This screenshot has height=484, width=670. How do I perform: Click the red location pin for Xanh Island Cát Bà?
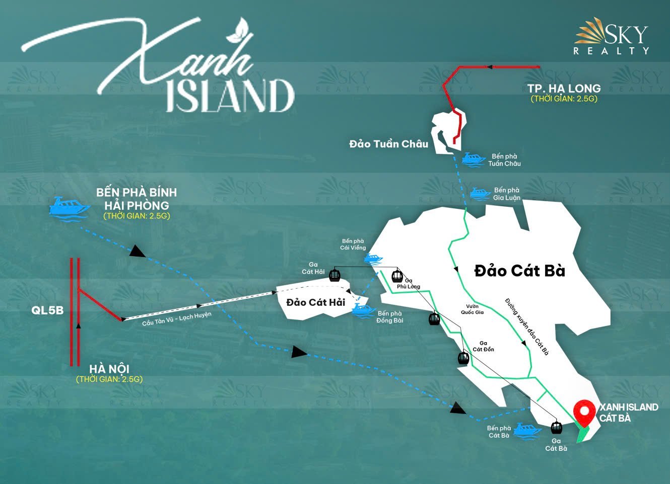(585, 412)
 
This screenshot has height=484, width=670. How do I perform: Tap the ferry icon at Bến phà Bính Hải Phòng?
(70, 207)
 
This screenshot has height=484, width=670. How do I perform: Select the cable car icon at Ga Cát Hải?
(334, 275)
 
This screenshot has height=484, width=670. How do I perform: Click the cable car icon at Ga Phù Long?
(397, 276)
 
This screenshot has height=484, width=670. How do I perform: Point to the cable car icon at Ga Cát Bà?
(556, 428)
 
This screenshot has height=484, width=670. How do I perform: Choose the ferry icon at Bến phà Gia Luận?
(480, 193)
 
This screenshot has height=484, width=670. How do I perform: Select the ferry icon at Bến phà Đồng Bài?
(363, 309)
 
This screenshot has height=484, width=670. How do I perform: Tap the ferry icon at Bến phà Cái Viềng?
(373, 259)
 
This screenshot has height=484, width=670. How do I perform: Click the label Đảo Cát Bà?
(519, 271)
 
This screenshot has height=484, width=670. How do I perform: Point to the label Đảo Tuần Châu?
(388, 144)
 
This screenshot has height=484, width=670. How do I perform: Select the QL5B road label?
(47, 310)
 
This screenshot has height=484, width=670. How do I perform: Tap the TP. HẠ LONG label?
(564, 89)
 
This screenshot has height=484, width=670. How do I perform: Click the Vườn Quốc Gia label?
(472, 309)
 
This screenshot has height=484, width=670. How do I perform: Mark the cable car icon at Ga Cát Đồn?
(463, 358)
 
